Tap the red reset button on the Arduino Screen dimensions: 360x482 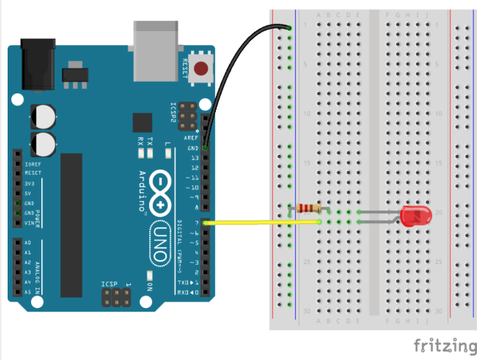pos(203,68)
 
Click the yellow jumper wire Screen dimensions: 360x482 pos(260,222)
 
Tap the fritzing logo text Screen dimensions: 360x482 pos(445,346)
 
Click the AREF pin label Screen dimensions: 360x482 pos(191,138)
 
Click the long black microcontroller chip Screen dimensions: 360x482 pos(71,225)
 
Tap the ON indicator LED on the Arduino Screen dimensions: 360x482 pos(149,276)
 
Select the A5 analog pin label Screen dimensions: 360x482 pos(27,291)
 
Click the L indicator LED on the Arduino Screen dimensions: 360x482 pos(168,152)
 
